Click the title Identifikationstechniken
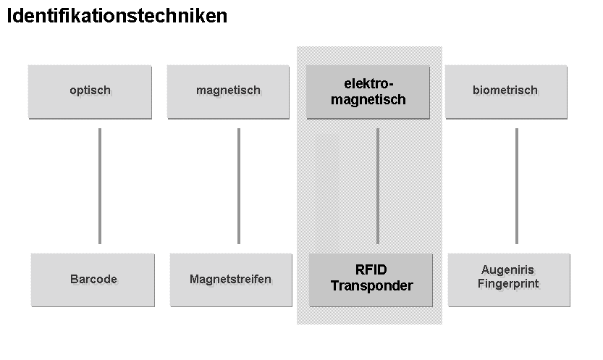pyautogui.click(x=117, y=16)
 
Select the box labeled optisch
pyautogui.click(x=90, y=91)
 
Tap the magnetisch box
pyautogui.click(x=229, y=91)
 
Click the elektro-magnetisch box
pyautogui.click(x=368, y=91)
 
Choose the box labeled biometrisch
pyautogui.click(x=506, y=91)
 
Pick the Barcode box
pyautogui.click(x=93, y=280)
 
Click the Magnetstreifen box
pyautogui.click(x=230, y=280)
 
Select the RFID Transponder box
pyautogui.click(x=371, y=280)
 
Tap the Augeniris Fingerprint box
pyautogui.click(x=509, y=280)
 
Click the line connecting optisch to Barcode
pyautogui.click(x=100, y=186)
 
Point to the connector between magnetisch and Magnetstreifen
pyautogui.click(x=239, y=186)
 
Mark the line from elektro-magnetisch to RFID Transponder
pyautogui.click(x=377, y=186)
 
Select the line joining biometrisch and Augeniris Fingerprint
pyautogui.click(x=516, y=186)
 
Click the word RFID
pyautogui.click(x=371, y=271)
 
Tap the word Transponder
pyautogui.click(x=371, y=286)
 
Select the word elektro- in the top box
pyautogui.click(x=368, y=84)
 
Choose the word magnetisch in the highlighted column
pyautogui.click(x=368, y=100)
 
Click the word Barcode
pyautogui.click(x=93, y=279)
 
